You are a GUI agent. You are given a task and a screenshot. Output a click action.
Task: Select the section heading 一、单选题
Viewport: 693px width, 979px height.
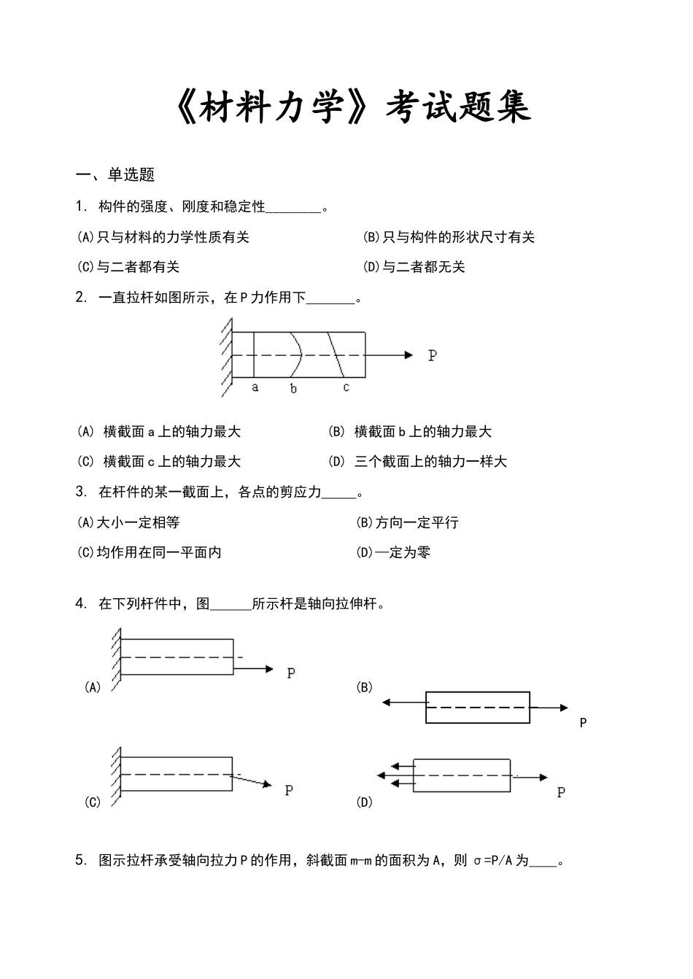pyautogui.click(x=116, y=175)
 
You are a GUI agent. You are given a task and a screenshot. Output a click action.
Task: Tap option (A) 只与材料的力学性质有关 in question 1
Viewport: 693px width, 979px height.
pyautogui.click(x=163, y=237)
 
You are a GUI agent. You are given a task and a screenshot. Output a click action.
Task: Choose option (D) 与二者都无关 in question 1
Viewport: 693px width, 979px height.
pyautogui.click(x=414, y=267)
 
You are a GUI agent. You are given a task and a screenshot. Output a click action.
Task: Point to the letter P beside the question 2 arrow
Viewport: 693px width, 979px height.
pyautogui.click(x=433, y=356)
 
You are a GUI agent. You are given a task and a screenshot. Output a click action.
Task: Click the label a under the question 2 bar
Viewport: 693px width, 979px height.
pyautogui.click(x=255, y=387)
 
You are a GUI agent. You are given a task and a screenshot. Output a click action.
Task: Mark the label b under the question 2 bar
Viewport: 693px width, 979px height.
pyautogui.click(x=293, y=389)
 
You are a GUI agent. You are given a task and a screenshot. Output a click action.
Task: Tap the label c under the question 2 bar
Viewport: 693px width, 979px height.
pyautogui.click(x=346, y=387)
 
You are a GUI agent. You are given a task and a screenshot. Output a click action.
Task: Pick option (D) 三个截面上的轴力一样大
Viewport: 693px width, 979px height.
pyautogui.click(x=417, y=462)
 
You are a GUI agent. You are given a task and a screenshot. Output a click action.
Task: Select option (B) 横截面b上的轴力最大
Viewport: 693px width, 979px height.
pyautogui.click(x=410, y=432)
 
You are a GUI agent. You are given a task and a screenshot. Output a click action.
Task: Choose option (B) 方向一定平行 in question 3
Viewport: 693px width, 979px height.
pyautogui.click(x=407, y=522)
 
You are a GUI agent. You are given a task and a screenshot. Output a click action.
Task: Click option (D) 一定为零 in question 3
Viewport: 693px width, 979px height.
pyautogui.click(x=393, y=552)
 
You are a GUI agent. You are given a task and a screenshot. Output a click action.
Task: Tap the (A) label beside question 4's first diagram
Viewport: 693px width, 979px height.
pyautogui.click(x=93, y=687)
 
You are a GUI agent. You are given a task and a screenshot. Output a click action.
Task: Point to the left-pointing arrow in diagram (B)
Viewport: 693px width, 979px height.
pyautogui.click(x=389, y=703)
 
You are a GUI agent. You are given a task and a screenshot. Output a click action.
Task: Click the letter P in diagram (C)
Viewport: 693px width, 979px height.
pyautogui.click(x=289, y=790)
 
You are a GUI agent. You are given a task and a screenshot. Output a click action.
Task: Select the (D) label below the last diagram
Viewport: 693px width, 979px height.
pyautogui.click(x=364, y=802)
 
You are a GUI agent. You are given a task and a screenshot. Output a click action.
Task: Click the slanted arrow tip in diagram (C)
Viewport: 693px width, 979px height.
pyautogui.click(x=267, y=784)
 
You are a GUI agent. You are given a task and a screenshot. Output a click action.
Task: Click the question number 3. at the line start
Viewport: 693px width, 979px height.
pyautogui.click(x=81, y=492)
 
